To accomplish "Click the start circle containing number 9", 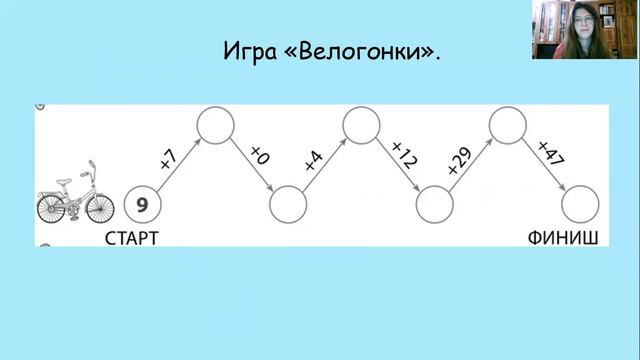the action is [143, 205].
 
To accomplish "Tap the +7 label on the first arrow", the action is [167, 157].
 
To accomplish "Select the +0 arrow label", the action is [260, 155].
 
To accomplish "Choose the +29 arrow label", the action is [458, 158].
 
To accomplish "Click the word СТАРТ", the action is [132, 238].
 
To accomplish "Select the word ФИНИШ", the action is [563, 238].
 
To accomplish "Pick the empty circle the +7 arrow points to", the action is [215, 124].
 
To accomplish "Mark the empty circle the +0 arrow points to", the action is [288, 205].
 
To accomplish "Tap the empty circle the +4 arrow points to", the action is [361, 124].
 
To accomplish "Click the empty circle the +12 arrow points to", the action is [434, 205].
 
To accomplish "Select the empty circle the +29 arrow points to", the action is [508, 124].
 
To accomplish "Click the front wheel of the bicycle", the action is [99, 208].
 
